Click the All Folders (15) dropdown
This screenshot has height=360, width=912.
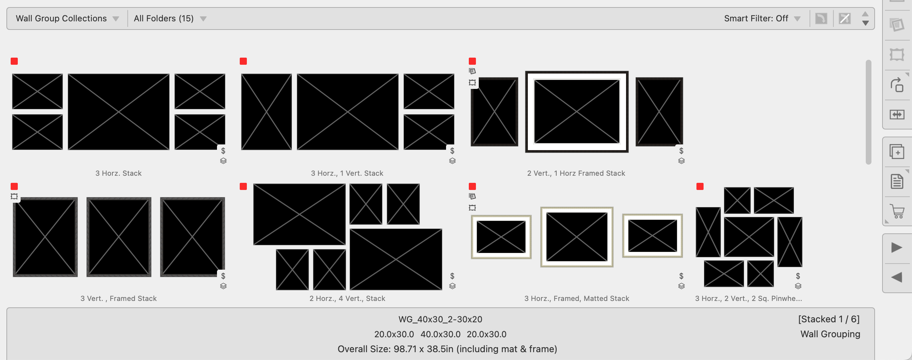[x=170, y=18]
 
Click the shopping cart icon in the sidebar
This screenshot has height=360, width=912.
[x=897, y=211]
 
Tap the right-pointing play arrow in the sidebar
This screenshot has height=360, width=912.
[x=897, y=248]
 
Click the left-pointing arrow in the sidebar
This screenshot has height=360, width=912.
[x=897, y=277]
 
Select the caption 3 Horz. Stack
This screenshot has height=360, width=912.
[x=118, y=173]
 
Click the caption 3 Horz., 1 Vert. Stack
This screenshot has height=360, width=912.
[x=347, y=173]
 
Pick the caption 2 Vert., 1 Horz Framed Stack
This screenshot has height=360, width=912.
[x=576, y=173]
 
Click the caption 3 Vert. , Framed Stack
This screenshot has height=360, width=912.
[x=118, y=298]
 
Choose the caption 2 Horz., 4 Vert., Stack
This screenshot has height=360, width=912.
[x=347, y=298]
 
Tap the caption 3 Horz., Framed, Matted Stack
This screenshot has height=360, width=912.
[x=577, y=298]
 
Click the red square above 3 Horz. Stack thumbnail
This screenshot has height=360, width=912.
[x=14, y=61]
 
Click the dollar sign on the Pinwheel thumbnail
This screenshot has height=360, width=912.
[x=798, y=276]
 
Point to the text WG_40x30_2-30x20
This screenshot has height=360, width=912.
[x=440, y=319]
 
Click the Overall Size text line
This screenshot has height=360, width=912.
[x=447, y=349]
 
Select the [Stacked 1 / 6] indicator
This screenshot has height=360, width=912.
[x=829, y=319]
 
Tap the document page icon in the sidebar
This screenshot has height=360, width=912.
[x=897, y=181]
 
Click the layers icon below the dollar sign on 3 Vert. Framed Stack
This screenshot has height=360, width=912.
[x=223, y=286]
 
